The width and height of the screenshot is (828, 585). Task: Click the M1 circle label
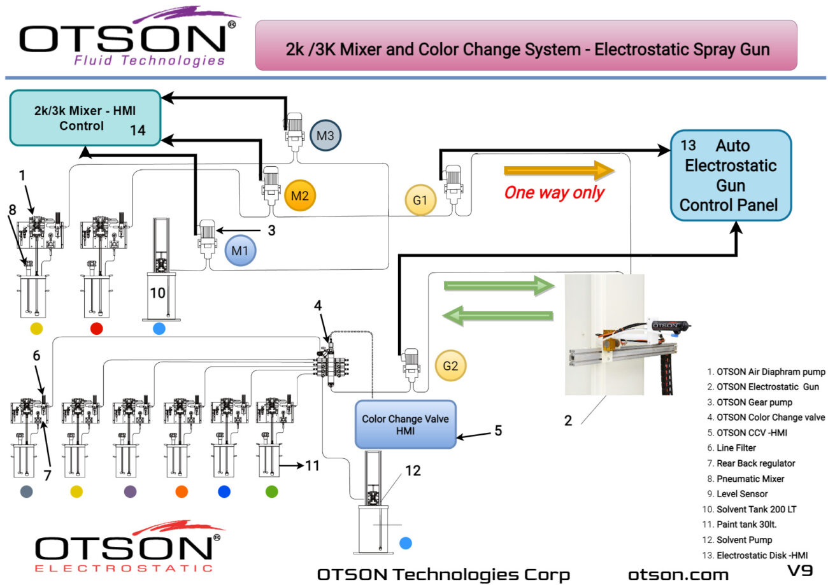(x=240, y=250)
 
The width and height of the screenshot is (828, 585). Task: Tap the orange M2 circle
(x=300, y=195)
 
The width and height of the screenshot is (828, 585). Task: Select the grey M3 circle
(x=325, y=135)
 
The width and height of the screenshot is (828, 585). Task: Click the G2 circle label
(x=450, y=365)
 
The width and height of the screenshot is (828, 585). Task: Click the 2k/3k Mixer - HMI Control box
(x=85, y=118)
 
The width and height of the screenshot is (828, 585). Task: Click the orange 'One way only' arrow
(x=559, y=170)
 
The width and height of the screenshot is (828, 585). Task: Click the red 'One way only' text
(x=553, y=192)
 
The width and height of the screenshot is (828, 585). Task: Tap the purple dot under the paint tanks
(x=130, y=491)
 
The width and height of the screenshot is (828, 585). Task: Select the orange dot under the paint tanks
(x=182, y=491)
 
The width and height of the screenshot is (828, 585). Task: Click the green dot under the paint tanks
(x=272, y=491)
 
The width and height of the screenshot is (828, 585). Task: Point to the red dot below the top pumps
(x=96, y=328)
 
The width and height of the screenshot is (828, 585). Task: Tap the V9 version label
(x=799, y=570)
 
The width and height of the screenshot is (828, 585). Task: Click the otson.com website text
(x=678, y=574)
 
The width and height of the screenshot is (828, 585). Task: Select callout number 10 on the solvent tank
(x=157, y=292)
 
